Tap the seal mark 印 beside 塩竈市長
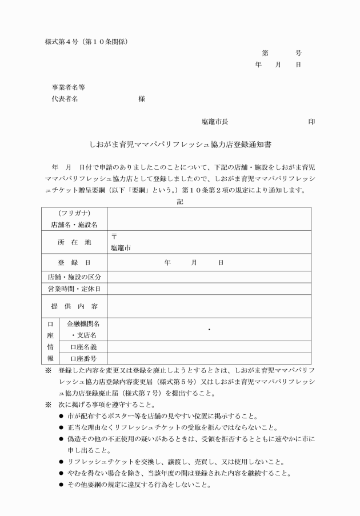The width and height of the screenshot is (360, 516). pyautogui.click(x=311, y=122)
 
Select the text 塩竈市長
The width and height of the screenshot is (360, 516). pyautogui.click(x=215, y=122)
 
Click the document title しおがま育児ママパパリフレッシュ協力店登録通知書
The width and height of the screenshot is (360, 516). pyautogui.click(x=180, y=146)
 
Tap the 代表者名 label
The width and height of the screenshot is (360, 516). pyautogui.click(x=65, y=99)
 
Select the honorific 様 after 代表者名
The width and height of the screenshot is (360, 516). pyautogui.click(x=142, y=99)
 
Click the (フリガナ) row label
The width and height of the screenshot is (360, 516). pyautogui.click(x=75, y=214)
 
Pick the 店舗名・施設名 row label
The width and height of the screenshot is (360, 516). pyautogui.click(x=75, y=225)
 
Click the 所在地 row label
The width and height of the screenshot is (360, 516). pyautogui.click(x=75, y=242)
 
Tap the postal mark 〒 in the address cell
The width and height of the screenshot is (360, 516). pyautogui.click(x=114, y=237)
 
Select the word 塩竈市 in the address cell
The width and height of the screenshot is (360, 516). pyautogui.click(x=121, y=249)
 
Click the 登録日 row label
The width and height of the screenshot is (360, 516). pyautogui.click(x=75, y=263)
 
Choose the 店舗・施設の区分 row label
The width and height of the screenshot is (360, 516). pyautogui.click(x=75, y=277)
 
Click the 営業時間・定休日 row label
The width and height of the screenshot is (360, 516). pyautogui.click(x=75, y=289)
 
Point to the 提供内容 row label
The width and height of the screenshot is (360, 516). pyautogui.click(x=75, y=306)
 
